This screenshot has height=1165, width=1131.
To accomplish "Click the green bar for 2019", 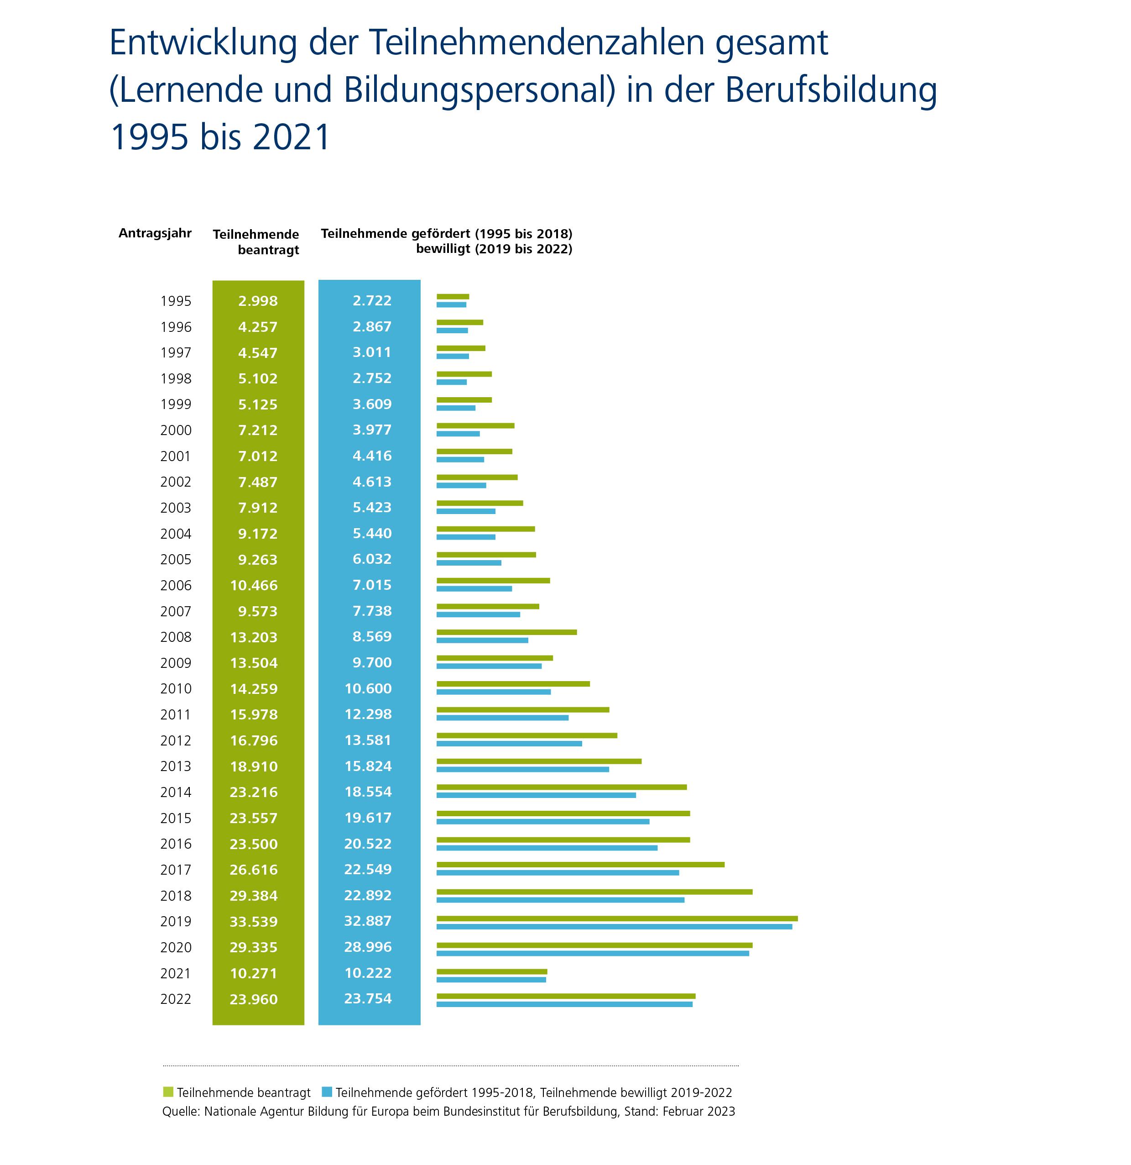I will [x=616, y=918].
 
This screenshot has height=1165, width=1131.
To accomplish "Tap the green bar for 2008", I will [x=506, y=632].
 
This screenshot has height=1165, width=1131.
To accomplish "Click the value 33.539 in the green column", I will [x=254, y=922].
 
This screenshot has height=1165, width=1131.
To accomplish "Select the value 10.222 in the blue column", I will [x=368, y=973].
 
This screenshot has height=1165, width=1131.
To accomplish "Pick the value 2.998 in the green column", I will [x=258, y=301].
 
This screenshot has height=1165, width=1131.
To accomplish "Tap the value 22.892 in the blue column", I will [x=368, y=895].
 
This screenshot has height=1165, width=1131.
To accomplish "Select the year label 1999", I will [x=176, y=404].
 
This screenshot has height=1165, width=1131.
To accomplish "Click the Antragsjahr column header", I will [x=155, y=233].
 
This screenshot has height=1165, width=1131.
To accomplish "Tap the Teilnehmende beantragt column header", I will [x=256, y=242].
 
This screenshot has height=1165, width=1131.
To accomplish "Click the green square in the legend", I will [x=168, y=1092].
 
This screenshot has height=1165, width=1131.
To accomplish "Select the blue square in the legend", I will [x=327, y=1092].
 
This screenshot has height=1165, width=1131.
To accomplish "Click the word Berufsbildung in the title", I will [x=830, y=90].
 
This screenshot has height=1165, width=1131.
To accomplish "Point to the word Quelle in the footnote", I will [x=180, y=1111].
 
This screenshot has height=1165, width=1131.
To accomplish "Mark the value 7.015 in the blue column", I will [x=372, y=585].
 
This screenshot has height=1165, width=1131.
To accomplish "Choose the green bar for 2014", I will [x=561, y=787].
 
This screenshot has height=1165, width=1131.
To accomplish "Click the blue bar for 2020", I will [x=592, y=953].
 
